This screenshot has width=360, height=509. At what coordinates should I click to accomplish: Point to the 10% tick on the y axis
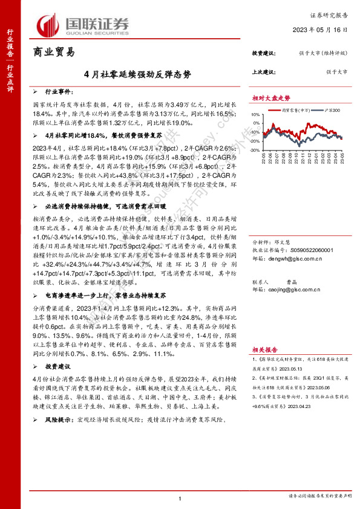tap(257, 123)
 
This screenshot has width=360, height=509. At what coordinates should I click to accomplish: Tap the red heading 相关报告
tap(265, 349)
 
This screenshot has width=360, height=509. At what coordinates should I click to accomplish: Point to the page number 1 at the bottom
tap(180, 497)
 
